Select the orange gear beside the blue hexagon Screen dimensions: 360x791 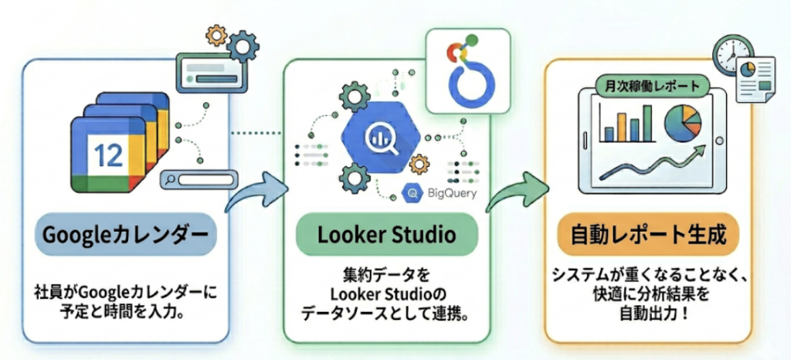click(420, 164)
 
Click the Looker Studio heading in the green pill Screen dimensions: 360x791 click(385, 234)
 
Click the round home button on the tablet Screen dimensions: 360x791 click(721, 141)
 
